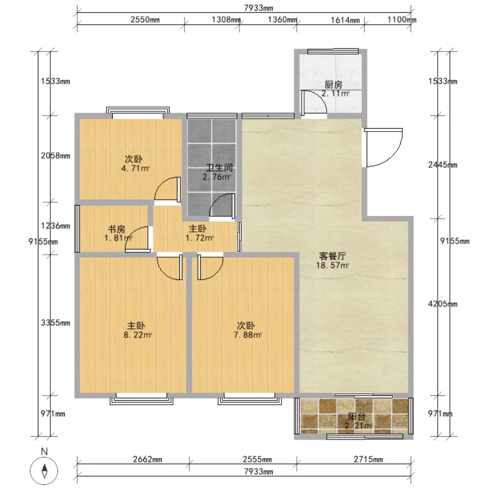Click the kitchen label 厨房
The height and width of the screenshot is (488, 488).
pos(333,85)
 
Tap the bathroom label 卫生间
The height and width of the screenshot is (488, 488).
pos(219,168)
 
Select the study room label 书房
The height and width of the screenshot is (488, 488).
pos(116,229)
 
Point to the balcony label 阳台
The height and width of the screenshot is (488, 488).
pos(356,417)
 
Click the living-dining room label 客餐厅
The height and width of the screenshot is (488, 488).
pos(332,256)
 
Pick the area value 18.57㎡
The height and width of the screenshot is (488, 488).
pos(332,266)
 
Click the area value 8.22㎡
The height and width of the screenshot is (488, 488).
pos(138,335)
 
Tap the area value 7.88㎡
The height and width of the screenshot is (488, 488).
pos(247,335)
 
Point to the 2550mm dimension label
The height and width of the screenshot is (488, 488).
pos(145,20)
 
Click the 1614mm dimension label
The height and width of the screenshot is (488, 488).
pos(345,20)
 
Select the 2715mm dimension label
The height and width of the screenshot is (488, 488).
pos(368,459)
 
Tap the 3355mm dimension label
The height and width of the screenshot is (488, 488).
pos(55,323)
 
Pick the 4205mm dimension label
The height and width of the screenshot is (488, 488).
pos(443,304)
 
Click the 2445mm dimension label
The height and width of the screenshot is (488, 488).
pos(443,165)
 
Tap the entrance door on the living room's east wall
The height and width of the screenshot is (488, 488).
pos(383,147)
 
